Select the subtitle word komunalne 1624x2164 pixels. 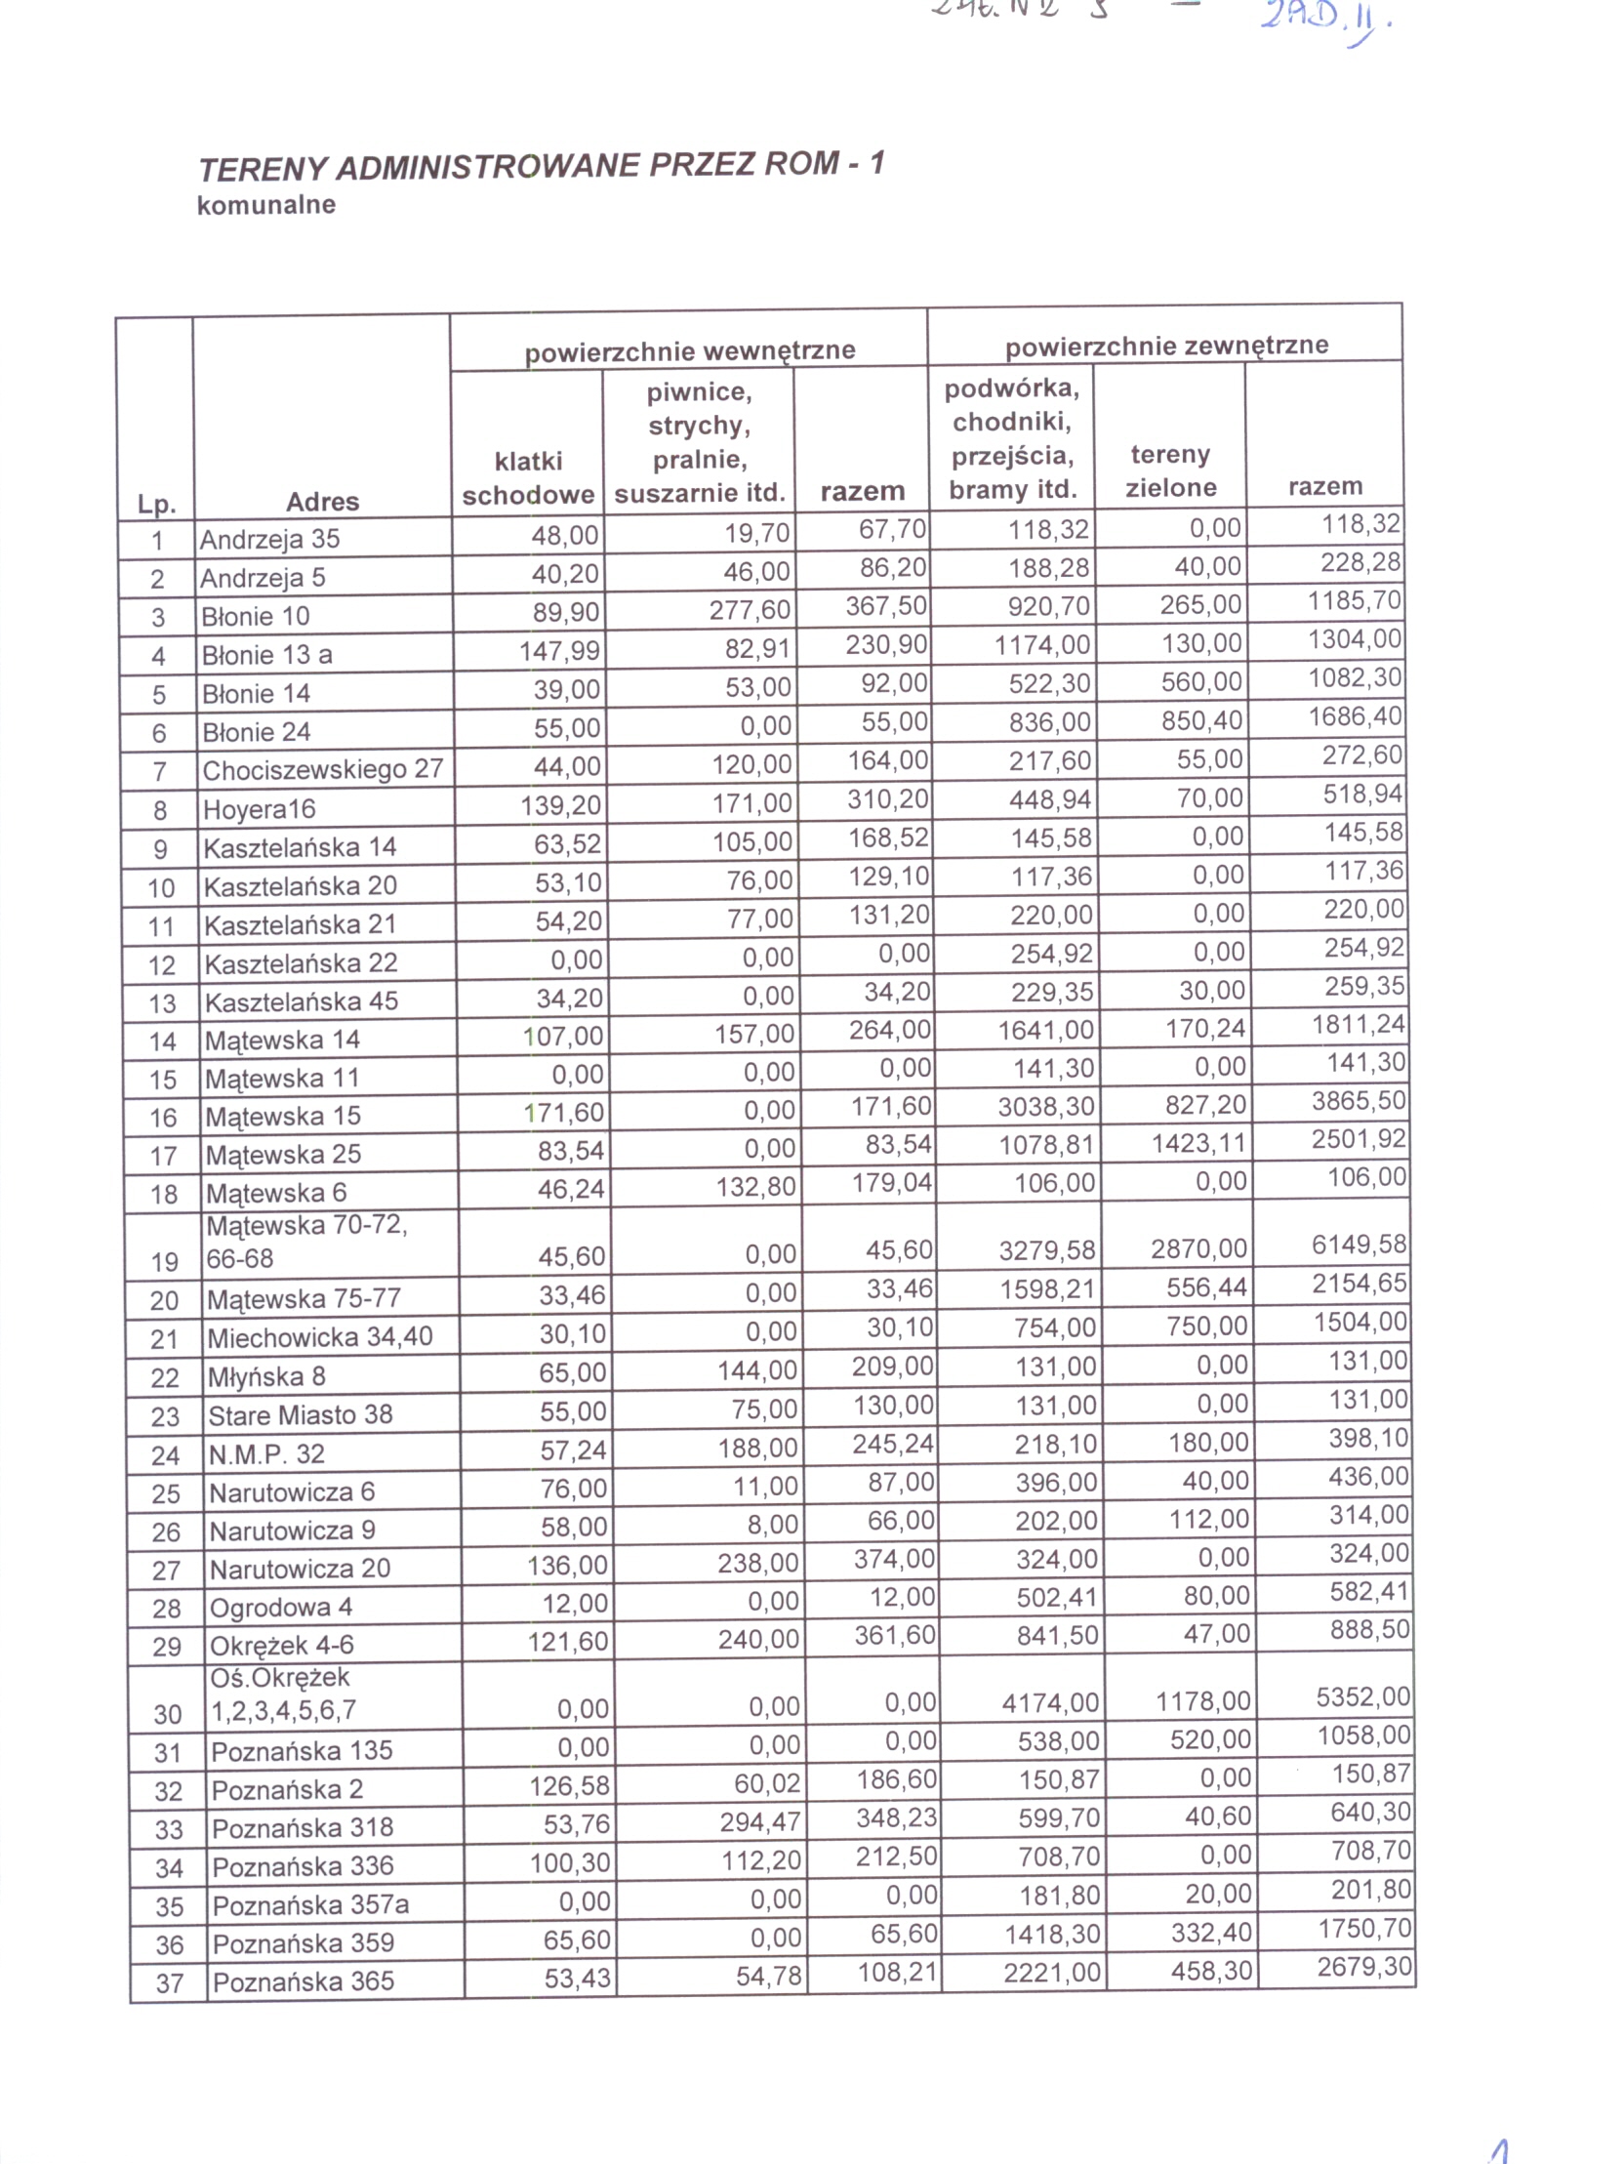pyautogui.click(x=266, y=205)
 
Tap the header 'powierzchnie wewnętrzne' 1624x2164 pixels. pyautogui.click(x=690, y=350)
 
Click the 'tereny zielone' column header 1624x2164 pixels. pyautogui.click(x=1170, y=471)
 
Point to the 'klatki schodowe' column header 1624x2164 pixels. pyautogui.click(x=528, y=478)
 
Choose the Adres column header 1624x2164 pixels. pyautogui.click(x=323, y=502)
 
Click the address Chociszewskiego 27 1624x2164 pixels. pyautogui.click(x=323, y=770)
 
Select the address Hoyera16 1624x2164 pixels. pyautogui.click(x=260, y=809)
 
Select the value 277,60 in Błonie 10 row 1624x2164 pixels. pyautogui.click(x=750, y=609)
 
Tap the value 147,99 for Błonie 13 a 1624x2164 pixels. pyautogui.click(x=559, y=651)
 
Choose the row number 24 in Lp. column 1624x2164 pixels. pyautogui.click(x=165, y=1455)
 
